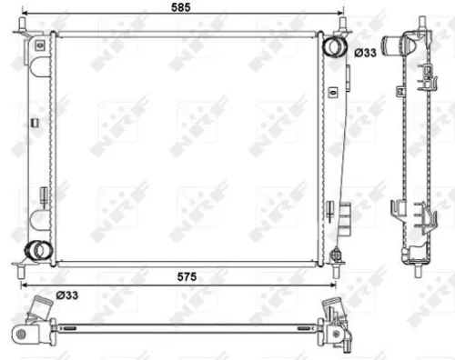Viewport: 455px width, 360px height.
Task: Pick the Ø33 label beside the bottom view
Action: point(66,294)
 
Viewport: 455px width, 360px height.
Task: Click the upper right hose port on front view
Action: point(334,45)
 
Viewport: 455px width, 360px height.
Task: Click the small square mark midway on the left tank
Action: point(35,121)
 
